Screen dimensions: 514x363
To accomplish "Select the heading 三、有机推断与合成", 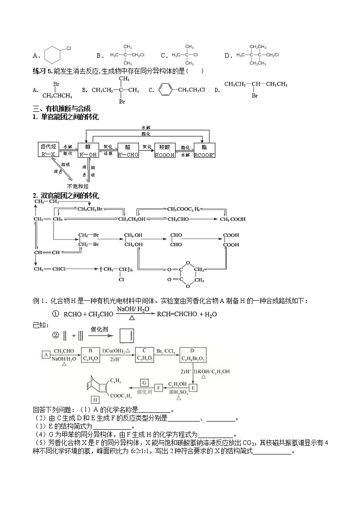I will point(62,109).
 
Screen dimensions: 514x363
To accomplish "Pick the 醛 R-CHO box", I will point(128,151).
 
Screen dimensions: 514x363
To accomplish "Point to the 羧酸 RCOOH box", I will point(165,151).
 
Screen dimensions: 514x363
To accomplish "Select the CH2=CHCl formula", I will point(50,269).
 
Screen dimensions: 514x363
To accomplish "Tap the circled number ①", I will point(55,314).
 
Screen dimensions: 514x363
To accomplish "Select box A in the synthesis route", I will point(45,355).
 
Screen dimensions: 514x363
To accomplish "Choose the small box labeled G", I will point(144,382).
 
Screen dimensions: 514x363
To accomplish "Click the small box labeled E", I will point(192,388).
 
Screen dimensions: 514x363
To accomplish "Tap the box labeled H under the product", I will point(95,400).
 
